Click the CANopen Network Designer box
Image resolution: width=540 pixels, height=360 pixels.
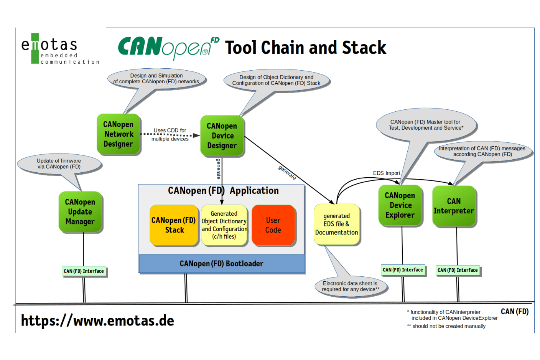pyautogui.click(x=119, y=134)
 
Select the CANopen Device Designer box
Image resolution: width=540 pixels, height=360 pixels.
pyautogui.click(x=222, y=136)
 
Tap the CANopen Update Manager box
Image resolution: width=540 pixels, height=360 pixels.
pyautogui.click(x=80, y=212)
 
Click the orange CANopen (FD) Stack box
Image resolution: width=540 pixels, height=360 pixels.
pyautogui.click(x=174, y=225)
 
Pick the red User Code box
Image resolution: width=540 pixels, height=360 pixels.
pyautogui.click(x=273, y=225)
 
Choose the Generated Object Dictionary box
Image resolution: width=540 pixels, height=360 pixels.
pyautogui.click(x=224, y=225)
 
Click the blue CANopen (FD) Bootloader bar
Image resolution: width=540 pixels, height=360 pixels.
pyautogui.click(x=221, y=264)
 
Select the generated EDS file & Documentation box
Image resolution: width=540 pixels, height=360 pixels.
pyautogui.click(x=336, y=224)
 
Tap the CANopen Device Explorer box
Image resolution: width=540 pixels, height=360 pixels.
pyautogui.click(x=400, y=205)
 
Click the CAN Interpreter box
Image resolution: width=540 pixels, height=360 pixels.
pyautogui.click(x=454, y=206)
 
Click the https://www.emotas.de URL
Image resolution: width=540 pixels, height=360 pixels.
pyautogui.click(x=97, y=320)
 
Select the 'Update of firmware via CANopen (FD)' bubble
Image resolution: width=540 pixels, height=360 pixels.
pyautogui.click(x=59, y=164)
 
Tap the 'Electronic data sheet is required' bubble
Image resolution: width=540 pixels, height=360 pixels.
pyautogui.click(x=351, y=286)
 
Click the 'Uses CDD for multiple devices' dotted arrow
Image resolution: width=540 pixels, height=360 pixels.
pyautogui.click(x=170, y=135)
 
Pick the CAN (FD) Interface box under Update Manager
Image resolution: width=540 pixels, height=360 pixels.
pyautogui.click(x=84, y=271)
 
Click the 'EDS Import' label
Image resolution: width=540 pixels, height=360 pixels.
pyautogui.click(x=386, y=173)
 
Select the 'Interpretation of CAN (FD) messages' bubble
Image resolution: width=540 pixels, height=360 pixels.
pyautogui.click(x=482, y=151)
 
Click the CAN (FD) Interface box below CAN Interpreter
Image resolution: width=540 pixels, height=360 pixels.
pyautogui.click(x=458, y=270)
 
